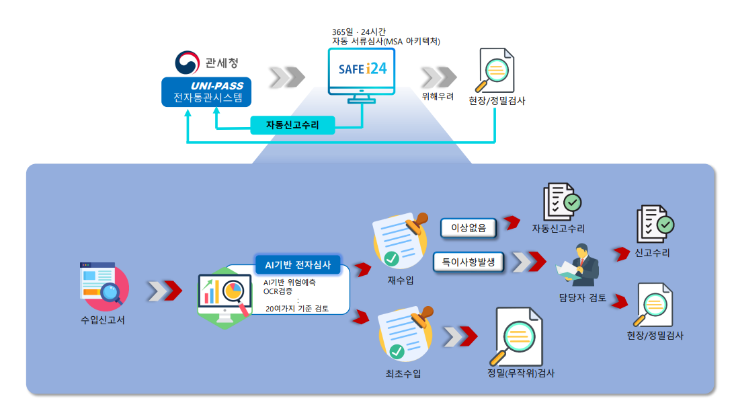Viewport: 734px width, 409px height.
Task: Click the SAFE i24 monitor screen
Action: (362, 69)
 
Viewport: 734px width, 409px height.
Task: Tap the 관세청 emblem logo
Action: (187, 63)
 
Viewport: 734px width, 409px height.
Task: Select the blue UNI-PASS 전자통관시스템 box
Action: (206, 93)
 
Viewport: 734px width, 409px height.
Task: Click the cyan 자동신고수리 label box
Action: (292, 125)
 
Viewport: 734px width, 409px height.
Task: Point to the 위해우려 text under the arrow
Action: (438, 96)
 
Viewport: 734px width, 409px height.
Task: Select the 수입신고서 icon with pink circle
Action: (103, 284)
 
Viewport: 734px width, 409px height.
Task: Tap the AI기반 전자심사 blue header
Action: (298, 264)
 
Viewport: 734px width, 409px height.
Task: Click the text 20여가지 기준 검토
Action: (298, 309)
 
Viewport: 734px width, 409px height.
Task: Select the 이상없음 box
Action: (469, 228)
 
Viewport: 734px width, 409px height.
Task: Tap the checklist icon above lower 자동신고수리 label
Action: (561, 202)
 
